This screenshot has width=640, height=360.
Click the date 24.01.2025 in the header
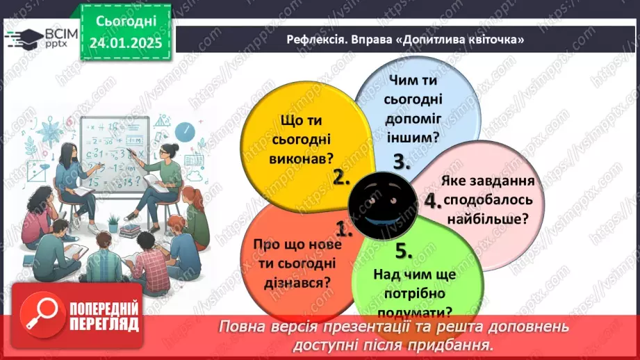[x=125, y=43]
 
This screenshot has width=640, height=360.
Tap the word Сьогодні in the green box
[x=125, y=21]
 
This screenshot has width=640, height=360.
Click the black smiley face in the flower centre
[x=381, y=202]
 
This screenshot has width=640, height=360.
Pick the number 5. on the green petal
[x=404, y=250]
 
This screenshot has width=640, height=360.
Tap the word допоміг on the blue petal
[x=411, y=117]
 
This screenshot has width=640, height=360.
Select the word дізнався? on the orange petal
[x=292, y=281]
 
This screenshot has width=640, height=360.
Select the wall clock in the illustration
[x=183, y=130]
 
